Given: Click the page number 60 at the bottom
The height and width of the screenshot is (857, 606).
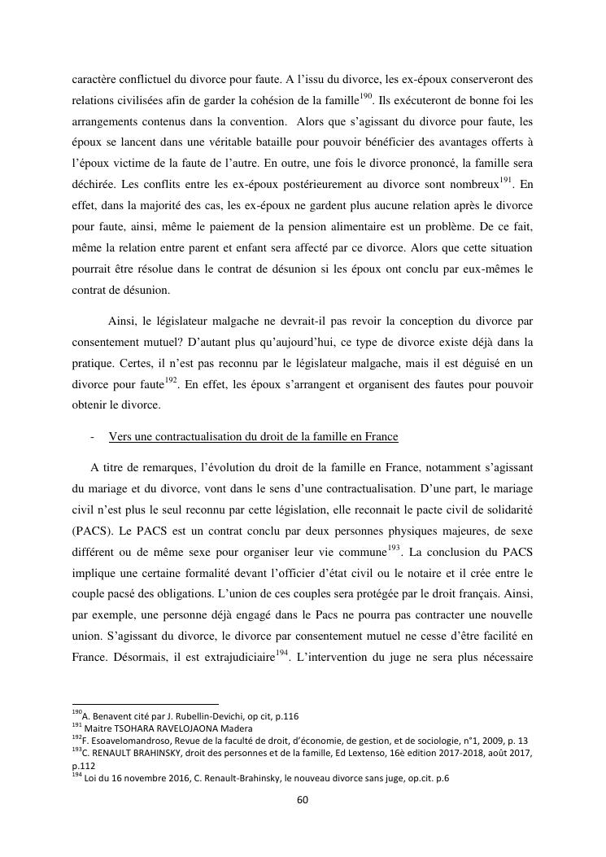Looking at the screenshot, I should pos(302,799).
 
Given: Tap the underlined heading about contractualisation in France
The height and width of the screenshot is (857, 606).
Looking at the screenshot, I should pos(253,437).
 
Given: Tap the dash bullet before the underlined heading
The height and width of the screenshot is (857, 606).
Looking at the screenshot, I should pos(94,437).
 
